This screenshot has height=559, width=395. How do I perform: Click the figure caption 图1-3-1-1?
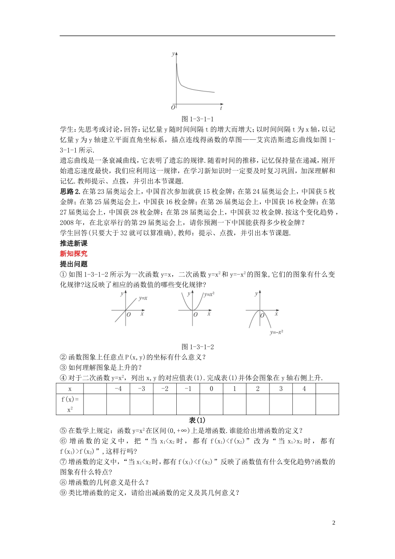(197, 119)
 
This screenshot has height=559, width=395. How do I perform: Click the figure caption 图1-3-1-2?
(197, 346)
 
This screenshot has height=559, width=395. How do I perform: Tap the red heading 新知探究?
(74, 254)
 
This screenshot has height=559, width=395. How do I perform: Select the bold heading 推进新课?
(74, 243)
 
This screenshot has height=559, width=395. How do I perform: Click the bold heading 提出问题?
(74, 264)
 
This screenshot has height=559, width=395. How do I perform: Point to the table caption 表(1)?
(197, 420)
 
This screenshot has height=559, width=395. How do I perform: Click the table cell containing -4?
(118, 389)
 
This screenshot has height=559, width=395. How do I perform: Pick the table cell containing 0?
(211, 389)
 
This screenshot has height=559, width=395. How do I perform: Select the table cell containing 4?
(304, 389)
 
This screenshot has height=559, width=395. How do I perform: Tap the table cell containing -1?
(188, 389)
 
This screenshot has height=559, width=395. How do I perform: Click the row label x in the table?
(70, 389)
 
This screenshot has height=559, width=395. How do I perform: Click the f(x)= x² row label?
(70, 404)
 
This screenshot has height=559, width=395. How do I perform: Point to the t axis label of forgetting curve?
(221, 107)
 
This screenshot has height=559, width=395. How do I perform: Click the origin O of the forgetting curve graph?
(173, 107)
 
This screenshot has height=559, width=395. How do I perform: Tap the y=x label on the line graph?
(143, 298)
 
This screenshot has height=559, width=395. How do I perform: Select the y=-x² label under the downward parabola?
(276, 332)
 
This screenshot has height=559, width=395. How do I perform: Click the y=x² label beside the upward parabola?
(209, 294)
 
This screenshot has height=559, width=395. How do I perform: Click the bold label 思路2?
(70, 191)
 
